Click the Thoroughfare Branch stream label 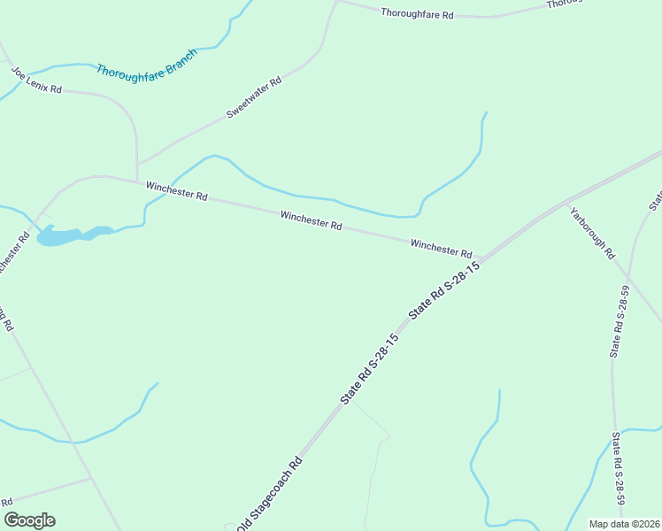[x=146, y=60]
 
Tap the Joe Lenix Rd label [x=36, y=79]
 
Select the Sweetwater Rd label [x=253, y=97]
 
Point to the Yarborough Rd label [x=592, y=233]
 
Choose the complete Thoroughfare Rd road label [x=417, y=13]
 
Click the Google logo [x=29, y=520]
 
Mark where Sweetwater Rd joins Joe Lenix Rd [x=137, y=164]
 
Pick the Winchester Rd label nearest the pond [x=176, y=190]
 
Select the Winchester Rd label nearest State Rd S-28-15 [x=441, y=247]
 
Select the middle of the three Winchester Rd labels [x=311, y=220]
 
